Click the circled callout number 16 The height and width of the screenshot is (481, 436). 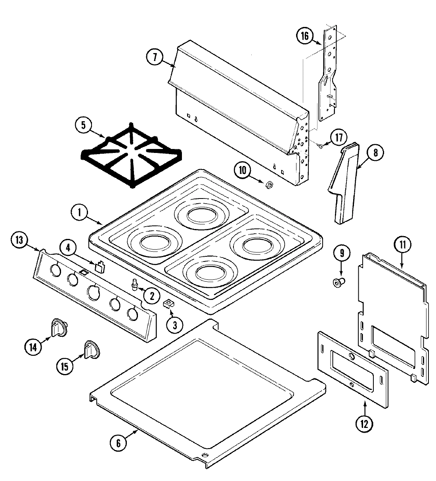[304, 36]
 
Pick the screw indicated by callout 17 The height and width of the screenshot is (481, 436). [321, 146]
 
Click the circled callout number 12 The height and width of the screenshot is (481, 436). [364, 424]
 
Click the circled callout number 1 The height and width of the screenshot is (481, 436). [80, 213]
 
